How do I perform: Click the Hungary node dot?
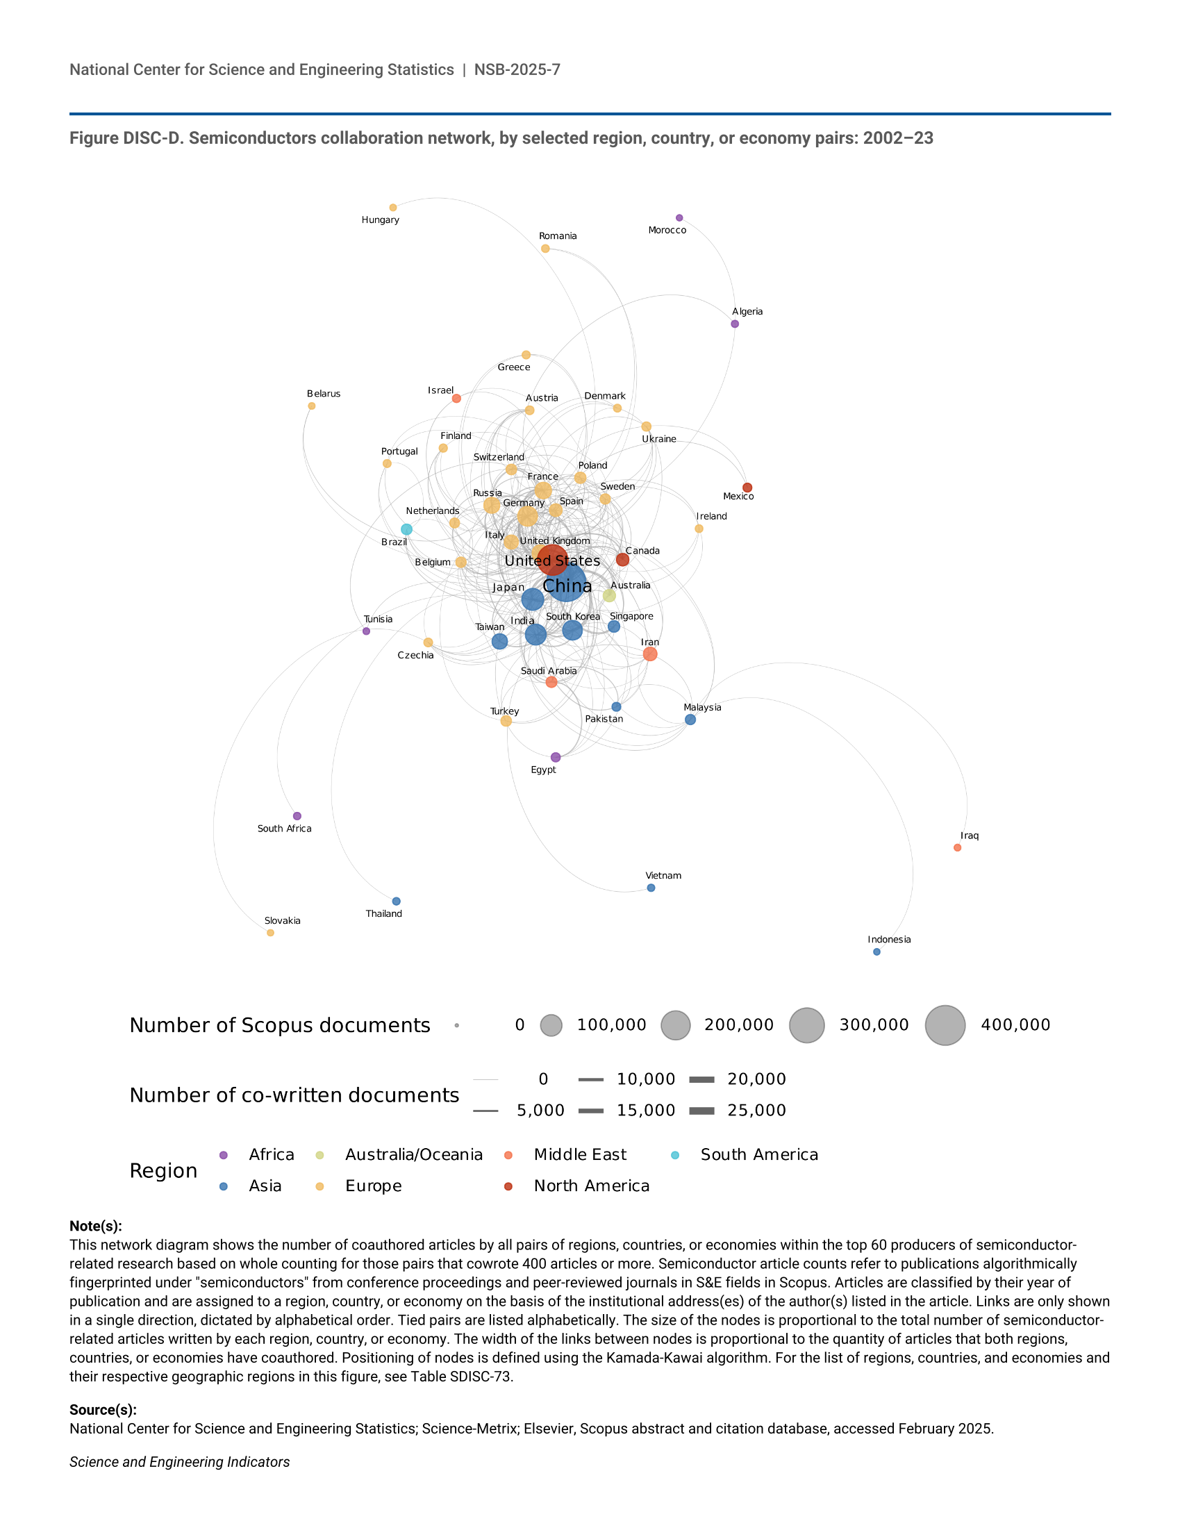tap(393, 208)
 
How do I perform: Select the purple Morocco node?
tap(679, 218)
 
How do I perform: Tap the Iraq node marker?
tap(958, 848)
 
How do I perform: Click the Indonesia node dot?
tap(877, 952)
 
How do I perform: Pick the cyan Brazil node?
tap(406, 530)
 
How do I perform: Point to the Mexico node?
tap(748, 488)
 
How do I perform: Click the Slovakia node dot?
tap(271, 933)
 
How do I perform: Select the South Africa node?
tap(297, 817)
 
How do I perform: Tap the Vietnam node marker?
tap(651, 888)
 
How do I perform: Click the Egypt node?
tap(556, 758)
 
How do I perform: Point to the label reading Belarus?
tap(324, 394)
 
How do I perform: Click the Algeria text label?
tap(748, 311)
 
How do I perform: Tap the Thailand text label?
tap(384, 914)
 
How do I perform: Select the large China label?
tap(567, 586)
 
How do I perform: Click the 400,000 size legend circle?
tap(946, 1026)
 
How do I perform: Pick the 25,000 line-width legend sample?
tap(701, 1111)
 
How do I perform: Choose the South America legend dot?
tap(675, 1155)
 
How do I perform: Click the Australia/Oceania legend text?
tap(414, 1155)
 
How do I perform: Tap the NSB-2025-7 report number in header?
tap(517, 70)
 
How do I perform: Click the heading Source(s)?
tap(103, 1410)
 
